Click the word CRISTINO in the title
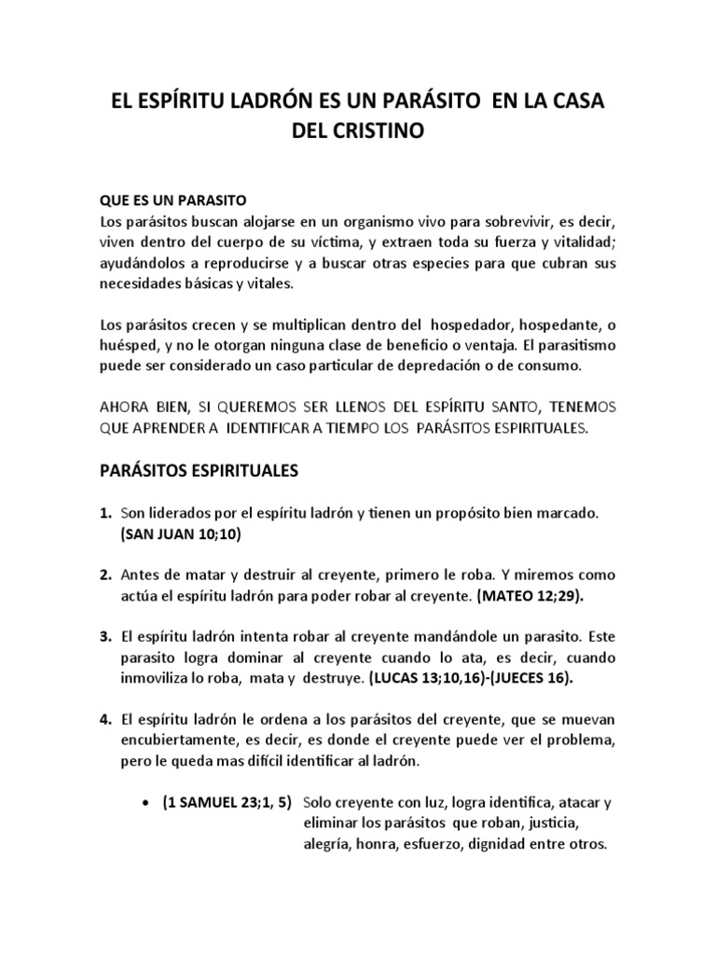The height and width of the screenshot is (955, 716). coord(379,131)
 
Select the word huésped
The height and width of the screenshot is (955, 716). coord(132,346)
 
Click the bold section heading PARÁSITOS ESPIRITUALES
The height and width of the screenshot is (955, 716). coord(199,471)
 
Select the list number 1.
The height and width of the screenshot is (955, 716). coord(105,514)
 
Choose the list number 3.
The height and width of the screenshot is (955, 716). coord(105,638)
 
